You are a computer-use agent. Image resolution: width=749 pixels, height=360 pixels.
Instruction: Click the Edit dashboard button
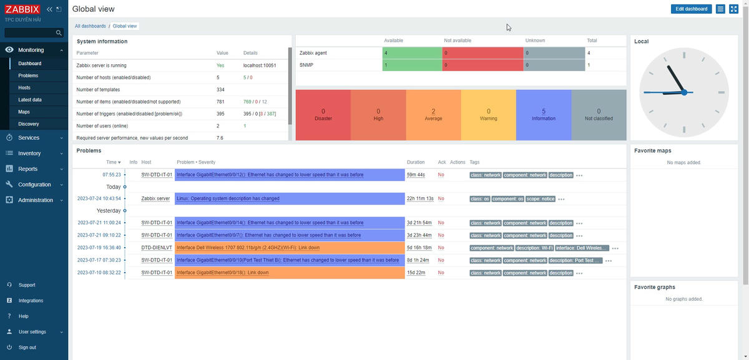[692, 9]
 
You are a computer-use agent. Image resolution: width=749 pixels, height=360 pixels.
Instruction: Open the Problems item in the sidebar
[28, 75]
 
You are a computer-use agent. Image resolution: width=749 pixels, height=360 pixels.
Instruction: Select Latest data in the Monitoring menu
[30, 100]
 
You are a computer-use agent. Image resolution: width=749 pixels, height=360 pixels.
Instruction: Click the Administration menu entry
[35, 200]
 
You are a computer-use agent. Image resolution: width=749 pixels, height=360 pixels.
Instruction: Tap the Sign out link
[27, 348]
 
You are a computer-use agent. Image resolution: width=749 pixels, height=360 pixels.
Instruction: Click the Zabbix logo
[22, 9]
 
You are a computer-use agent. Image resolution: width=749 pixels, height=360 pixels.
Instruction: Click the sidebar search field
[30, 33]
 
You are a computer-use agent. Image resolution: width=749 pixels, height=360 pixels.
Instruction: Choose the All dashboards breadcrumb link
[91, 26]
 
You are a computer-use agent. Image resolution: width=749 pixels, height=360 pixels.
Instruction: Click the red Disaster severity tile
[323, 115]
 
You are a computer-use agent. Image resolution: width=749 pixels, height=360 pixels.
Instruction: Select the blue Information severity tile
[544, 115]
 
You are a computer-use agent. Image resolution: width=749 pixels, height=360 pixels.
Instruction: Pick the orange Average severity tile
[433, 115]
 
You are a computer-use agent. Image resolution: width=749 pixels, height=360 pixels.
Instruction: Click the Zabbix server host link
[155, 198]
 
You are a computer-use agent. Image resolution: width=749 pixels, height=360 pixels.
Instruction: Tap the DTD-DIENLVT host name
[157, 248]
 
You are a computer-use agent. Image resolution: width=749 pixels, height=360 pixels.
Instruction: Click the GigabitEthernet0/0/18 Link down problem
[223, 273]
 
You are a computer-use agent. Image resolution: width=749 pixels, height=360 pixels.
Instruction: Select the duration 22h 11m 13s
[420, 198]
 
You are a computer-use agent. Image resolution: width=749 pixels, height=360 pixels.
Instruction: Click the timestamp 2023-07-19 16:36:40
[99, 248]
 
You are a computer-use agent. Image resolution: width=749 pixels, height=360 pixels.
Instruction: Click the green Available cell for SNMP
[413, 65]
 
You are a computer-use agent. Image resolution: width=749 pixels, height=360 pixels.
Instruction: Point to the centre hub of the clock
[684, 92]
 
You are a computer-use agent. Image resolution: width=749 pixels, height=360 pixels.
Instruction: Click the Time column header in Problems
[113, 162]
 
